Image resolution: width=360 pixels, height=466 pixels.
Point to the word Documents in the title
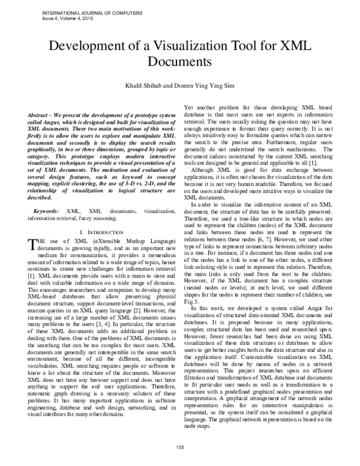pyautogui.click(x=180, y=61)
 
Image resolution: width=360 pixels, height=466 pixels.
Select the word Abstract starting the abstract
pyautogui.click(x=40, y=114)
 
